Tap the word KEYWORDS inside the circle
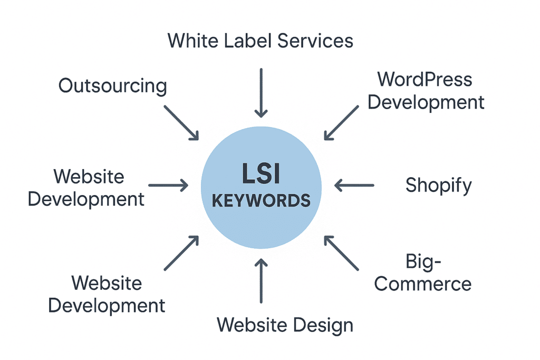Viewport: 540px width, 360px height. click(x=261, y=201)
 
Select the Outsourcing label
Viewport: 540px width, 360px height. click(x=112, y=85)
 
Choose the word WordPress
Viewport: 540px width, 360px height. click(x=425, y=80)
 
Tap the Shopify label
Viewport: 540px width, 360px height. click(x=438, y=186)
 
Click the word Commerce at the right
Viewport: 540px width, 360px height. click(x=423, y=284)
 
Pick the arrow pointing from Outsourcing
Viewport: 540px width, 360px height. click(x=181, y=122)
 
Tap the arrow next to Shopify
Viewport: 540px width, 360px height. click(x=354, y=185)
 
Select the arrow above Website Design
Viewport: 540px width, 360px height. click(x=261, y=279)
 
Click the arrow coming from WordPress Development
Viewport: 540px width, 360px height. click(x=341, y=122)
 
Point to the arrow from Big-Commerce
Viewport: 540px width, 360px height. click(x=341, y=253)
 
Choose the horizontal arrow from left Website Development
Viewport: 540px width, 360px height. click(x=168, y=185)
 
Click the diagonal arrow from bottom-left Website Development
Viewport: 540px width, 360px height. click(x=181, y=253)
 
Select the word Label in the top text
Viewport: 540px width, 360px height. click(x=257, y=40)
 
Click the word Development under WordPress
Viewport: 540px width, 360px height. click(x=426, y=102)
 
